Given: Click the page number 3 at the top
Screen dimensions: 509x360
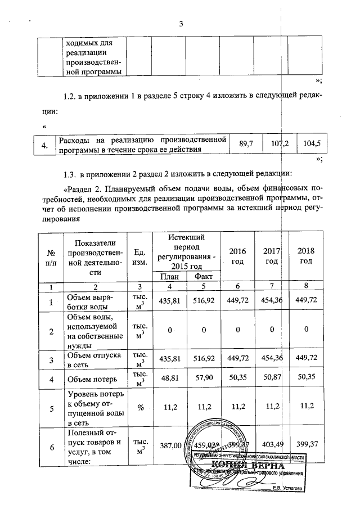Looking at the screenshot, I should click(181, 24).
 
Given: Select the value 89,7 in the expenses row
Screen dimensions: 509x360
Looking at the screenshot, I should click(246, 145).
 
